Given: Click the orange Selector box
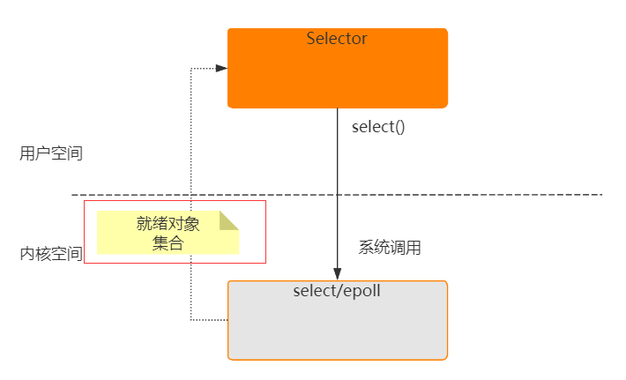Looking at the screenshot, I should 338,75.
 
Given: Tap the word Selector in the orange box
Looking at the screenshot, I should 337,39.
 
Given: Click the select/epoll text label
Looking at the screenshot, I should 337,290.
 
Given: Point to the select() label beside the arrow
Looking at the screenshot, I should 378,126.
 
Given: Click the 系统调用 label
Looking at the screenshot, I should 390,248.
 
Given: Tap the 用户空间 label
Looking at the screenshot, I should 51,153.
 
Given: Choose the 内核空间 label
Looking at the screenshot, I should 51,254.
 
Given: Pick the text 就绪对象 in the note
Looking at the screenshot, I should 168,224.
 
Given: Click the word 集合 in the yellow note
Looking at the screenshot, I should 168,243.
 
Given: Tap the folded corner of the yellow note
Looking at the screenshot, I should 229,220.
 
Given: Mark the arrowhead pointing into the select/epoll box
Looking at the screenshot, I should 337,273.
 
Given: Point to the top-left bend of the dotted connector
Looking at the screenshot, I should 191,68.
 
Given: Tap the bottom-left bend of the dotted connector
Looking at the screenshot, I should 191,320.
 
